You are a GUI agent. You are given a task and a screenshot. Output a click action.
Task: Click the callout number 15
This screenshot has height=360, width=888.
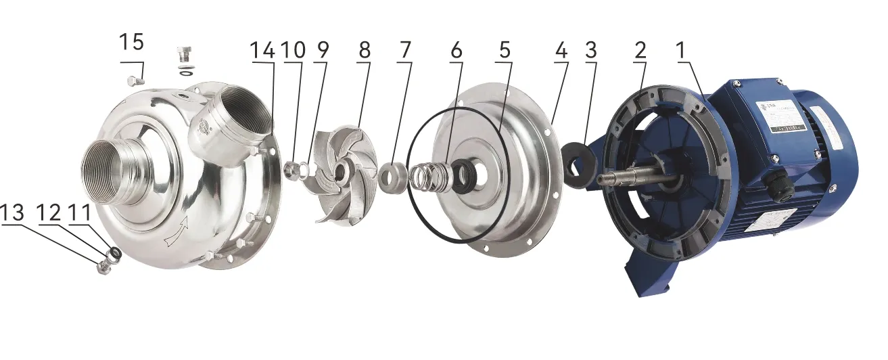[132, 43]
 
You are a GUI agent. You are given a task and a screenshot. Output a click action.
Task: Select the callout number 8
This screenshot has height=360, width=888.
[365, 49]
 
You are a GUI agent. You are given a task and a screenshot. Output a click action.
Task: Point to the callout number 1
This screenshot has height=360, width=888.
[686, 49]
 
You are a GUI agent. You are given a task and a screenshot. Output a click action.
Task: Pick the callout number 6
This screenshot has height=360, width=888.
[457, 49]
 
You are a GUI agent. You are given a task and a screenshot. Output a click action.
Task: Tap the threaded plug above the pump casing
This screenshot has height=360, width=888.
[184, 53]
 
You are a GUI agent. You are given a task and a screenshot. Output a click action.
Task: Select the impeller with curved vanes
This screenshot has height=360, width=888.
[342, 173]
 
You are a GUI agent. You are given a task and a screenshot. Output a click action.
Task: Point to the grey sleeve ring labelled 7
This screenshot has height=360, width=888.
[391, 178]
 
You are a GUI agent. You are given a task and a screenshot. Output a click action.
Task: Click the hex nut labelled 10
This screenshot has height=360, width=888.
[293, 168]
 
